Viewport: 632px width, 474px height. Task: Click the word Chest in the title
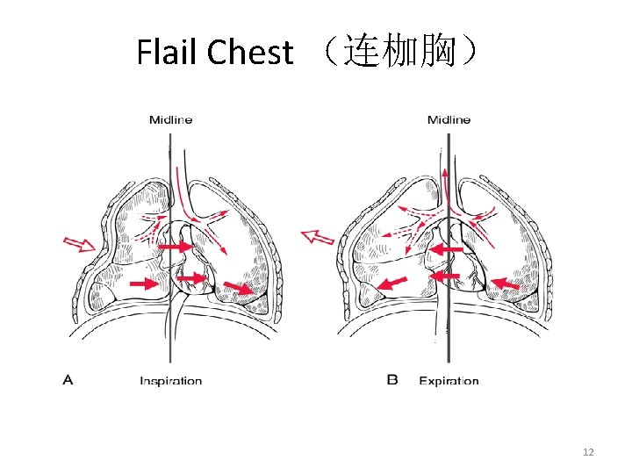249,53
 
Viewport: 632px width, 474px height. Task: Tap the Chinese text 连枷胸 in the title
400,53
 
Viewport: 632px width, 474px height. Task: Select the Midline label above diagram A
170,119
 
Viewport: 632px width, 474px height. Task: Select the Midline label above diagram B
449,119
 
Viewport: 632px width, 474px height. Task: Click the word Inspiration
171,381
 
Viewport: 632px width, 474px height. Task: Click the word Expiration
449,381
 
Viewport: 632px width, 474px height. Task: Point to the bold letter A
68,380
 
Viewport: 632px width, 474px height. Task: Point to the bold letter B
392,380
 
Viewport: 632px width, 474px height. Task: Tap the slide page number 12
589,452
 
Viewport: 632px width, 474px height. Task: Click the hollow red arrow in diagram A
77,244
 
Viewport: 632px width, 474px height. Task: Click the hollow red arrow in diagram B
318,235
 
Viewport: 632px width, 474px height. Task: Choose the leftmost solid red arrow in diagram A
140,284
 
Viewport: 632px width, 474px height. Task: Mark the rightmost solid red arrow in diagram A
235,288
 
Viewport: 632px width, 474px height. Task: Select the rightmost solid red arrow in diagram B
504,283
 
